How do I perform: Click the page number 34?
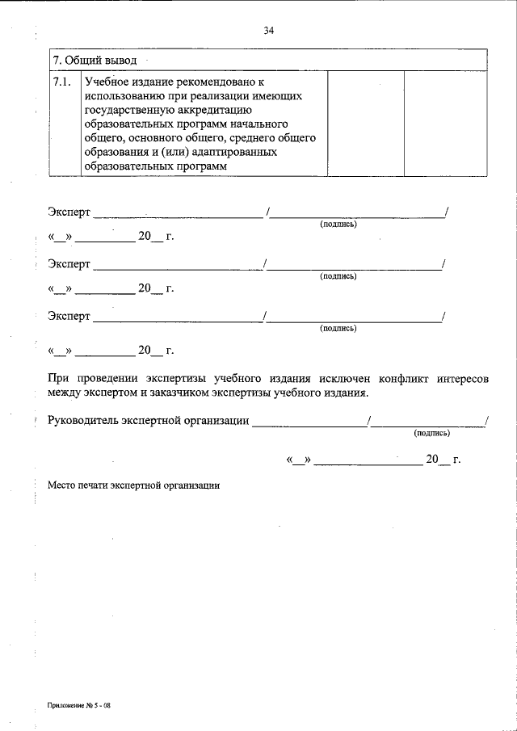pyautogui.click(x=268, y=31)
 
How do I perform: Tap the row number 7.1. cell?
pyautogui.click(x=61, y=82)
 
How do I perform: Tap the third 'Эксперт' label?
pyautogui.click(x=69, y=316)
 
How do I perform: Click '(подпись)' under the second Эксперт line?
pyautogui.click(x=338, y=276)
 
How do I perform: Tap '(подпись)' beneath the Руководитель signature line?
pyautogui.click(x=431, y=433)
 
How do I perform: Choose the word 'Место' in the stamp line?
pyautogui.click(x=61, y=486)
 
